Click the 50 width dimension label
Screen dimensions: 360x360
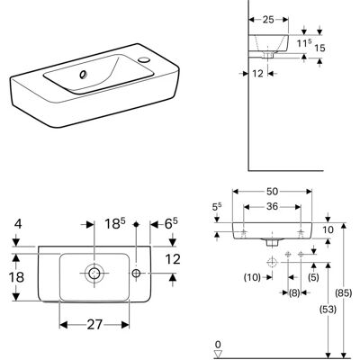pos(272,192)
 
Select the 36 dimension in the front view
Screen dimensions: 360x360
pos(272,207)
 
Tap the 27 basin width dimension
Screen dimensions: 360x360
pos(94,324)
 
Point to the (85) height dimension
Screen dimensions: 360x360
pos(344,293)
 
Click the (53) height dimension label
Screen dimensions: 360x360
pos(328,309)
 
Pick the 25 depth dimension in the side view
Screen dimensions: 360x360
pos(268,20)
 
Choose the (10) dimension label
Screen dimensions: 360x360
pos(252,277)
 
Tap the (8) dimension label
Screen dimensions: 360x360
pos(294,292)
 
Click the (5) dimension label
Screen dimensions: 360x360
pos(313,277)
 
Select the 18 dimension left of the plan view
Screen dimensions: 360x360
pos(16,277)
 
